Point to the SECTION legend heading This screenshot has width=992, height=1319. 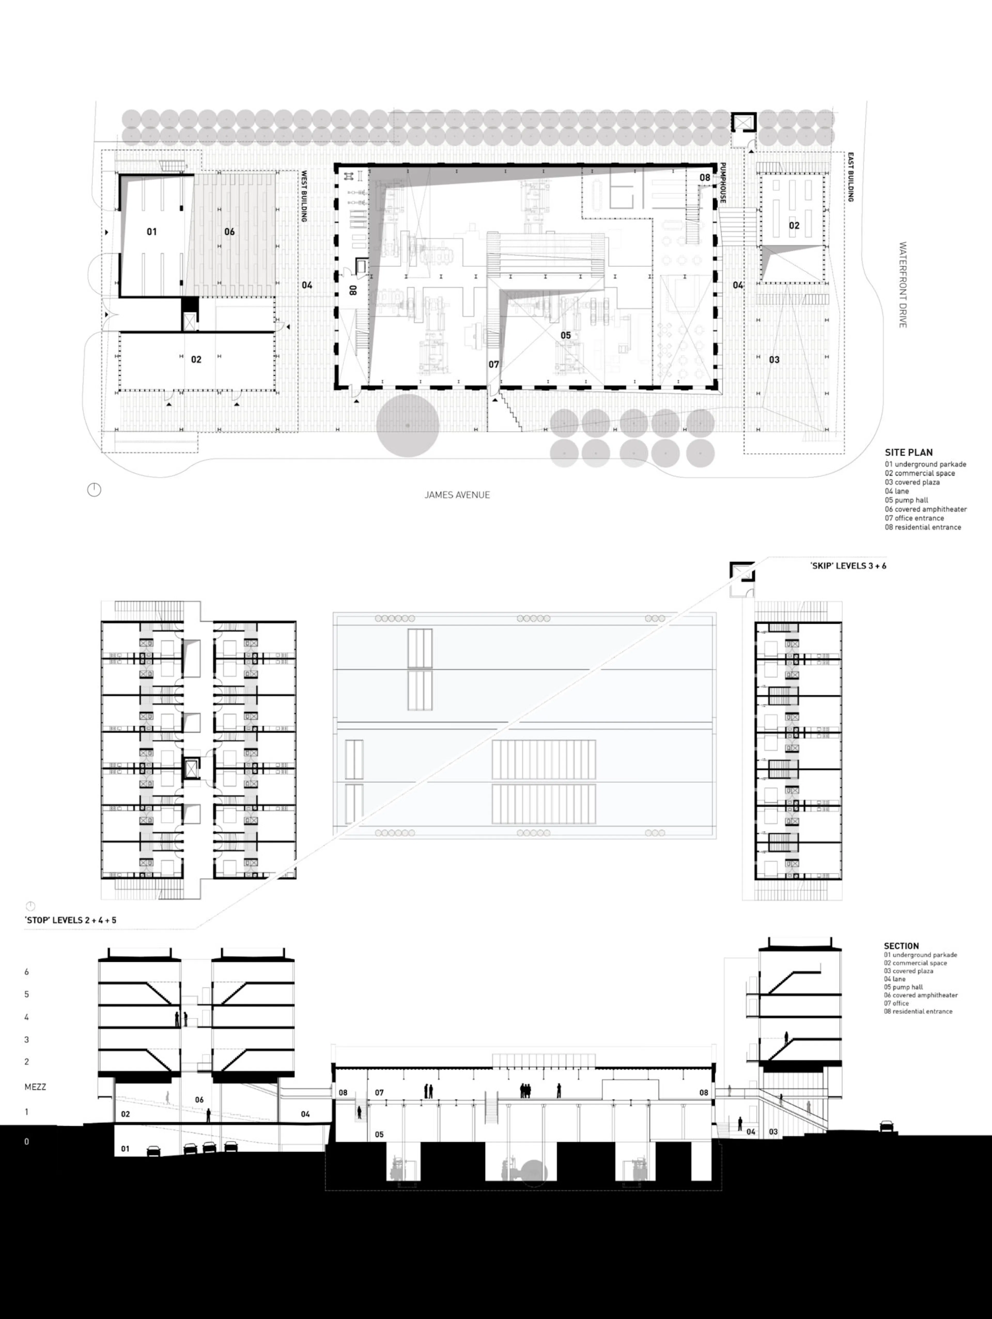coord(901,946)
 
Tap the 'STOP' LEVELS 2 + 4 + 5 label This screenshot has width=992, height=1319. coord(70,920)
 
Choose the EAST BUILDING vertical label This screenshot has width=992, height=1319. coord(851,177)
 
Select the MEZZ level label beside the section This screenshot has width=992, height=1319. coord(35,1086)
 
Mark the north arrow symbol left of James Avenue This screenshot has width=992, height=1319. coord(94,490)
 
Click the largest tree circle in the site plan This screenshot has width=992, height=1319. coord(408,425)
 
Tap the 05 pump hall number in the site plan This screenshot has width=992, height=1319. coord(565,335)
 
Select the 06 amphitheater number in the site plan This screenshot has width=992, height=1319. coord(229,231)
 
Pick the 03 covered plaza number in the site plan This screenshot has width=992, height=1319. coord(774,360)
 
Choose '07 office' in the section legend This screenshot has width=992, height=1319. coord(897,1003)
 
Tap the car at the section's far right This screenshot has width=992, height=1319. coord(886,1125)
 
